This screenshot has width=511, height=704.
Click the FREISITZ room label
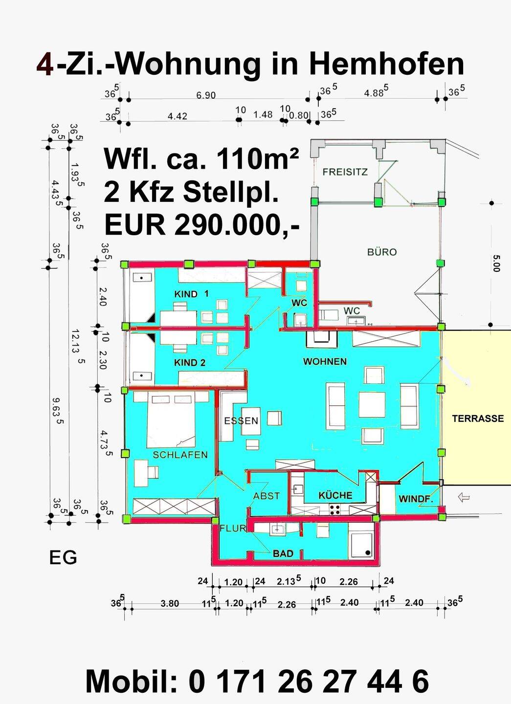click(x=345, y=172)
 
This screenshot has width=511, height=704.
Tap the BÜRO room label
click(x=382, y=252)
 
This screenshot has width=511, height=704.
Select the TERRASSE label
click(x=478, y=418)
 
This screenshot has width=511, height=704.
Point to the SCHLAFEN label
click(x=180, y=455)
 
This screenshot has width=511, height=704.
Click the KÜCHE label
click(x=335, y=495)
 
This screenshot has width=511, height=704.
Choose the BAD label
click(x=283, y=553)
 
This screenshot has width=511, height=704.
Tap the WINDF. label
click(x=416, y=499)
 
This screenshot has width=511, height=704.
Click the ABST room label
click(x=267, y=496)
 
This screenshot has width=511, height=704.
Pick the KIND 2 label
click(x=190, y=363)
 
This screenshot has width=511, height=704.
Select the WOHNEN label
click(x=325, y=361)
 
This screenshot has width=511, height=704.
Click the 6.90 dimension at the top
click(x=206, y=95)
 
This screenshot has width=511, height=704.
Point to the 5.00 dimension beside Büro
click(x=496, y=264)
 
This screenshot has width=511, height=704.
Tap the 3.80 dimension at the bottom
click(x=170, y=603)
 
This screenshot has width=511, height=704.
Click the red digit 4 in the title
click(x=44, y=65)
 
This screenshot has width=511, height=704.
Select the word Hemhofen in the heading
click(x=386, y=65)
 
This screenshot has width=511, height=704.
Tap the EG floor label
click(x=63, y=558)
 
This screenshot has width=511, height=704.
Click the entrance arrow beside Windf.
click(x=464, y=498)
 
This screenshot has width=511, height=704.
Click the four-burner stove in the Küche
click(x=335, y=509)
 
